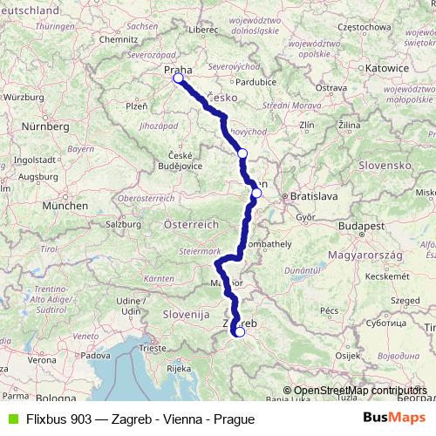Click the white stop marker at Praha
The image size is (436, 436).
coord(178,78)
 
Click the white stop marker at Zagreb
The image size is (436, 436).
coord(239,331)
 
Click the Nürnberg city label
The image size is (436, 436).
coord(46,126)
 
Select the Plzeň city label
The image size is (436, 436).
coord(137,106)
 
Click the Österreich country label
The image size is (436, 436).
coord(191,224)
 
